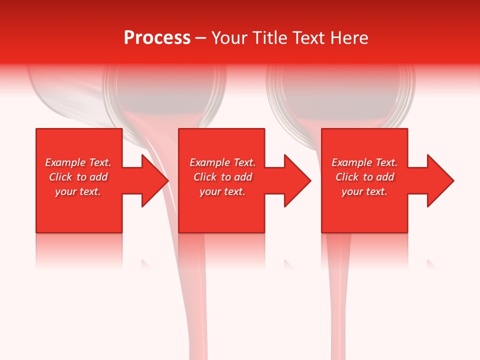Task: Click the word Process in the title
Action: [x=157, y=38]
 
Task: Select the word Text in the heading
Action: [x=308, y=38]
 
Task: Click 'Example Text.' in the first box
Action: [x=78, y=162]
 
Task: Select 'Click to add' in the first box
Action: [x=78, y=177]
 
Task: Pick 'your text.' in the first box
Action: [x=78, y=191]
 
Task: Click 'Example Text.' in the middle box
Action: [x=222, y=162]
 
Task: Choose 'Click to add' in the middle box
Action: [x=222, y=177]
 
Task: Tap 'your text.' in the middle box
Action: [x=222, y=191]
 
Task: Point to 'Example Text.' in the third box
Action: [x=364, y=162]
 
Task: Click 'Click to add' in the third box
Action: [x=364, y=177]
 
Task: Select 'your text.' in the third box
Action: [x=364, y=191]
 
